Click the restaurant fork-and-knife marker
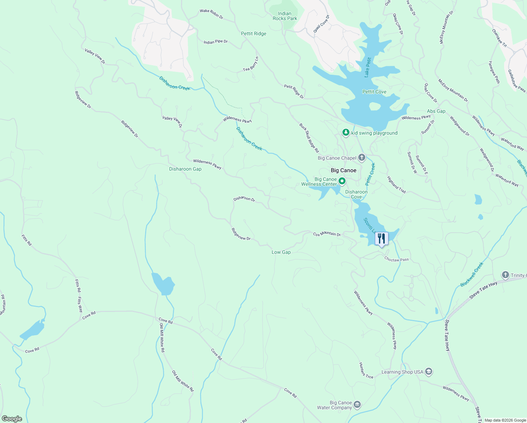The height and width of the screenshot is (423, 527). [381, 239]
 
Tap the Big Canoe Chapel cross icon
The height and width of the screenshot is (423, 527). [362, 158]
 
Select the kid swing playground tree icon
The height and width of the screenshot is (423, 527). [346, 133]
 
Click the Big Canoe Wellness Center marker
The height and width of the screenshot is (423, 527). [342, 181]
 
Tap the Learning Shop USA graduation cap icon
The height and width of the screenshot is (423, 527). [429, 372]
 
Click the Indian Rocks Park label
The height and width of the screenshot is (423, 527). [285, 16]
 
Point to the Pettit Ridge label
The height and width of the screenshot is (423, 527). [254, 33]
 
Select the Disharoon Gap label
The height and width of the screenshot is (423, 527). [185, 169]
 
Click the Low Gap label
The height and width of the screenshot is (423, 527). [281, 252]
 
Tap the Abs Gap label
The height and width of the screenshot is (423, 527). [436, 111]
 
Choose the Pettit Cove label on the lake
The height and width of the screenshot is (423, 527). [374, 92]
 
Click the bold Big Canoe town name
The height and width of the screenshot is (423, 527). [343, 170]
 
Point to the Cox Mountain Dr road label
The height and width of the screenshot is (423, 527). [327, 234]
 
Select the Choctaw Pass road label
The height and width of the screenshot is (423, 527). [396, 259]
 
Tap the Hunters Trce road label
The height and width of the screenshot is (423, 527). [366, 370]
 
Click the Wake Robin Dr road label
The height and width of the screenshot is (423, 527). [211, 14]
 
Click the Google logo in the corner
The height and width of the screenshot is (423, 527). [11, 419]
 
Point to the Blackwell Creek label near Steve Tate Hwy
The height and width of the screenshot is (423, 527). [472, 275]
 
